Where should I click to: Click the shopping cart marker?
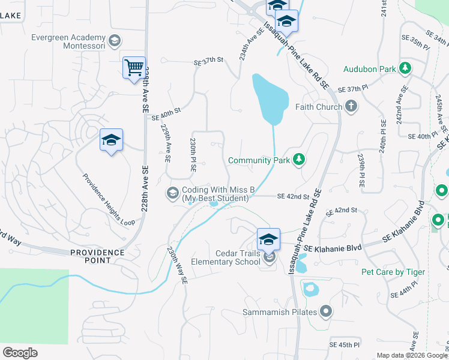(134, 67)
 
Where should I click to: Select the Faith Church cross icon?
(351, 107)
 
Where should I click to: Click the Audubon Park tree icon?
(405, 68)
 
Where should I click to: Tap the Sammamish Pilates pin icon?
(326, 311)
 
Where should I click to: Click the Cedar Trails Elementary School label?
(226, 257)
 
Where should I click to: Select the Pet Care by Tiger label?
(393, 272)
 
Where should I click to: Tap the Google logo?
(20, 353)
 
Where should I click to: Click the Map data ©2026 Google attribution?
(411, 355)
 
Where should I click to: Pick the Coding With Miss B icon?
(172, 192)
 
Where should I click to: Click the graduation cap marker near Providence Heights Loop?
(111, 140)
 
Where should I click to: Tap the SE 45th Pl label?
(345, 345)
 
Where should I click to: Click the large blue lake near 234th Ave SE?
(270, 97)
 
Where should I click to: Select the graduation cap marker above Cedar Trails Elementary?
(269, 239)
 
